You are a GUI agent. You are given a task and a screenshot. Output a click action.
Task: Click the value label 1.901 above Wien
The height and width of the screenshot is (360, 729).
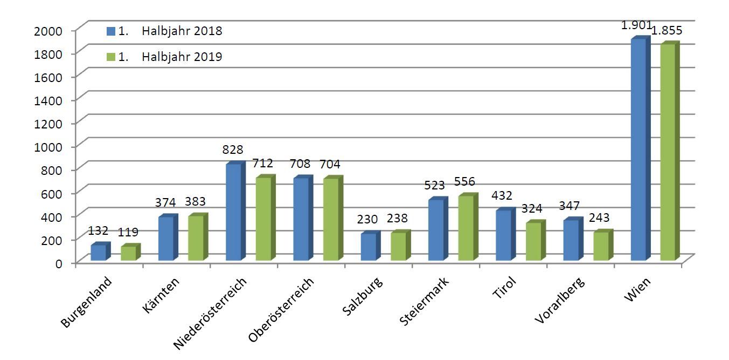pyautogui.click(x=637, y=25)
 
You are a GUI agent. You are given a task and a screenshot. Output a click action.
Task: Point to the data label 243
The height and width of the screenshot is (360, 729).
pyautogui.click(x=599, y=218)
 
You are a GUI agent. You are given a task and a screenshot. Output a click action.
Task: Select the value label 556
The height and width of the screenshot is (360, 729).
pyautogui.click(x=464, y=181)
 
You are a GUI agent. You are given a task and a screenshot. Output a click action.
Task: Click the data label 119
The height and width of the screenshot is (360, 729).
pyautogui.click(x=128, y=233)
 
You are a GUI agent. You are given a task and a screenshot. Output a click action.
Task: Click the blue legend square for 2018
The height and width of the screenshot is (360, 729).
pyautogui.click(x=111, y=31)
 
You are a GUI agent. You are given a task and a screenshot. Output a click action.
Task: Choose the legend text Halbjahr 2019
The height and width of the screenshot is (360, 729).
pyautogui.click(x=182, y=57)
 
